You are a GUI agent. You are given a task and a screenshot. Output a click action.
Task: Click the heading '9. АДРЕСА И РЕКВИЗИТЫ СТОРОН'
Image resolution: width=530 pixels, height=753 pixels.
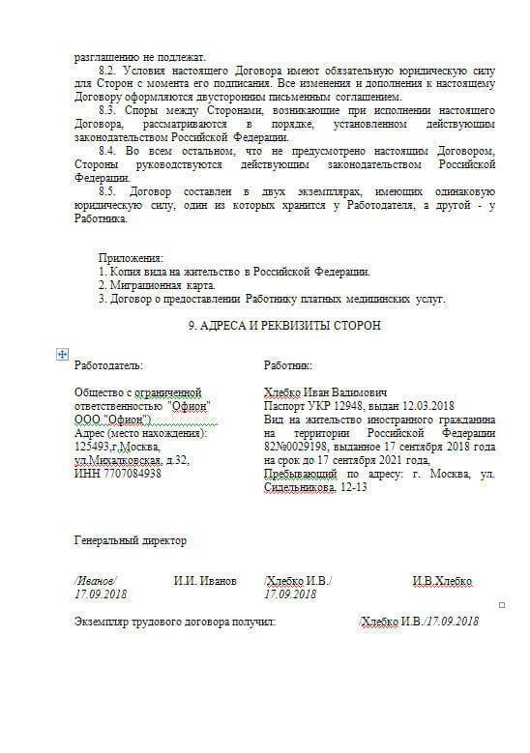point(283,326)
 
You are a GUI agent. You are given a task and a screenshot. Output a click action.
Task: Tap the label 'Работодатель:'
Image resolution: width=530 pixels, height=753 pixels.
point(108,366)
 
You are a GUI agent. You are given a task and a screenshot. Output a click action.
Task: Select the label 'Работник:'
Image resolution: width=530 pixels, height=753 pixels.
point(288,366)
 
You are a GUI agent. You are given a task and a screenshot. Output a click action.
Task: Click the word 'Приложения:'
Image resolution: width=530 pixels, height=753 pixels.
point(131,258)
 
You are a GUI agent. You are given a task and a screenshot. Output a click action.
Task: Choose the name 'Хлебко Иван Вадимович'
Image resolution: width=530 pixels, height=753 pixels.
point(325,392)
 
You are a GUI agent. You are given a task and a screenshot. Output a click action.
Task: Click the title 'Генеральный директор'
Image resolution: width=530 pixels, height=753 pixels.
point(131,540)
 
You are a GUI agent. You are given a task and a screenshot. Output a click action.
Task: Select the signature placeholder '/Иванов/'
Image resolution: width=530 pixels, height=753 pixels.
point(95,581)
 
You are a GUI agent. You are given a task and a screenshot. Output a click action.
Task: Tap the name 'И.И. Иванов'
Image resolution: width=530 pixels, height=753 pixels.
point(205,581)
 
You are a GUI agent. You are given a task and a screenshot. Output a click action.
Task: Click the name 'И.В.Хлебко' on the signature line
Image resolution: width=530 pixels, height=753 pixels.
point(443,581)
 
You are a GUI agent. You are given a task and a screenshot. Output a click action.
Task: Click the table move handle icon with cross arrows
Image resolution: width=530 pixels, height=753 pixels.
point(62,354)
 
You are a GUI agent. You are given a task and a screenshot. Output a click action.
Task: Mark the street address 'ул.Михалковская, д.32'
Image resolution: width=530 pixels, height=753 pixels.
point(132,460)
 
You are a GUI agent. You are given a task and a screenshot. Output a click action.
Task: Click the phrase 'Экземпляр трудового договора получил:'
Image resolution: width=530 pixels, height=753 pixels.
point(175,621)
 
